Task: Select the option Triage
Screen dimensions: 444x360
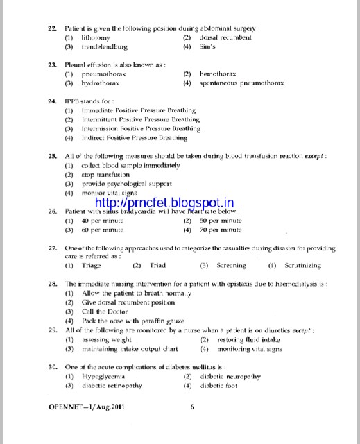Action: [94, 265]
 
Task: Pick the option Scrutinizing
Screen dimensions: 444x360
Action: [303, 265]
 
